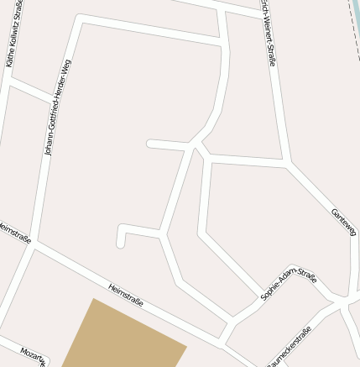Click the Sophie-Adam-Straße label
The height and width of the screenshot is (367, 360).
pyautogui.click(x=289, y=286)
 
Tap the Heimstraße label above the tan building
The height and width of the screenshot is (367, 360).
pyautogui.click(x=126, y=294)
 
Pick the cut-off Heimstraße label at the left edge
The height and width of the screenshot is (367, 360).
pyautogui.click(x=15, y=233)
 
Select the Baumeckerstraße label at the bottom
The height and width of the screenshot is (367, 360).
pyautogui.click(x=290, y=349)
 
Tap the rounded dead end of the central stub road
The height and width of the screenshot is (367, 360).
pyautogui.click(x=150, y=144)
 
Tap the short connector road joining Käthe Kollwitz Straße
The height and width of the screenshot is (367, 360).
pyautogui.click(x=29, y=90)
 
